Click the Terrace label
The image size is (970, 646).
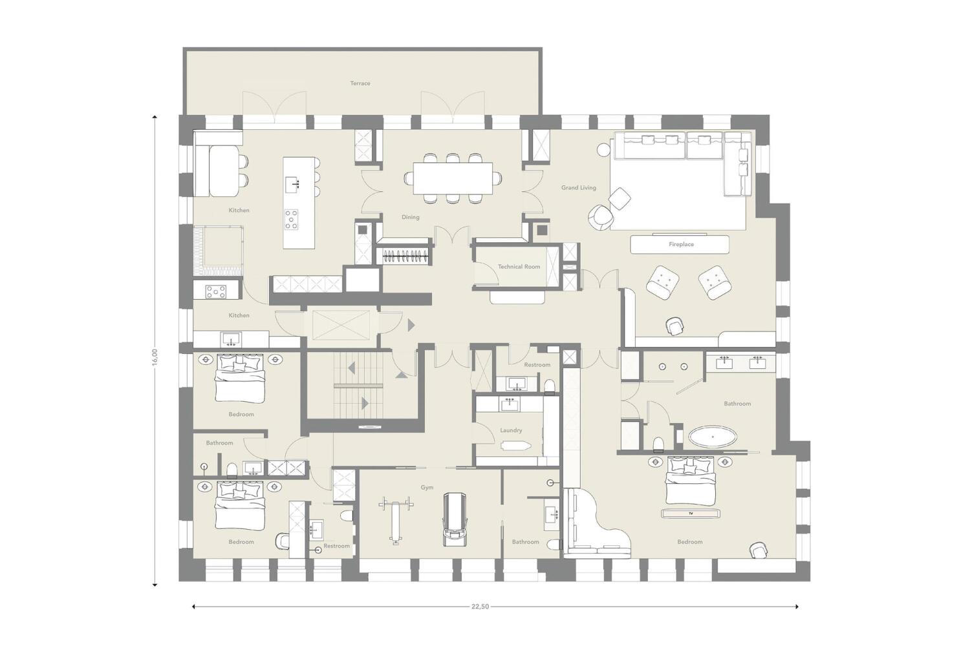tap(360, 83)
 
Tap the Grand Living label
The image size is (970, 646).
tap(579, 188)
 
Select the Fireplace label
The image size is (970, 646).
tap(681, 244)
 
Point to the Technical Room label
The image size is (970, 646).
tap(519, 267)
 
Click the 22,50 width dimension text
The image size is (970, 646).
tap(480, 607)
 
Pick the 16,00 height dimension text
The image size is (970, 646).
tap(155, 357)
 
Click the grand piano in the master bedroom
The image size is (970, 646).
tap(597, 523)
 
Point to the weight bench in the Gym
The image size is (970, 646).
tap(395, 519)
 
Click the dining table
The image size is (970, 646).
tap(453, 178)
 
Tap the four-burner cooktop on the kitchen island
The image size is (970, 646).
tap(291, 219)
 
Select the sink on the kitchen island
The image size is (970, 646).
tap(292, 185)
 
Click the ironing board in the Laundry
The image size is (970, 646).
tap(515, 446)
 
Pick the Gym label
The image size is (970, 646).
tap(427, 487)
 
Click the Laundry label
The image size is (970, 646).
tap(511, 430)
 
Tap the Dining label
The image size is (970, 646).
tap(410, 217)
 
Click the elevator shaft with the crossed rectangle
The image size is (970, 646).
tap(341, 325)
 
